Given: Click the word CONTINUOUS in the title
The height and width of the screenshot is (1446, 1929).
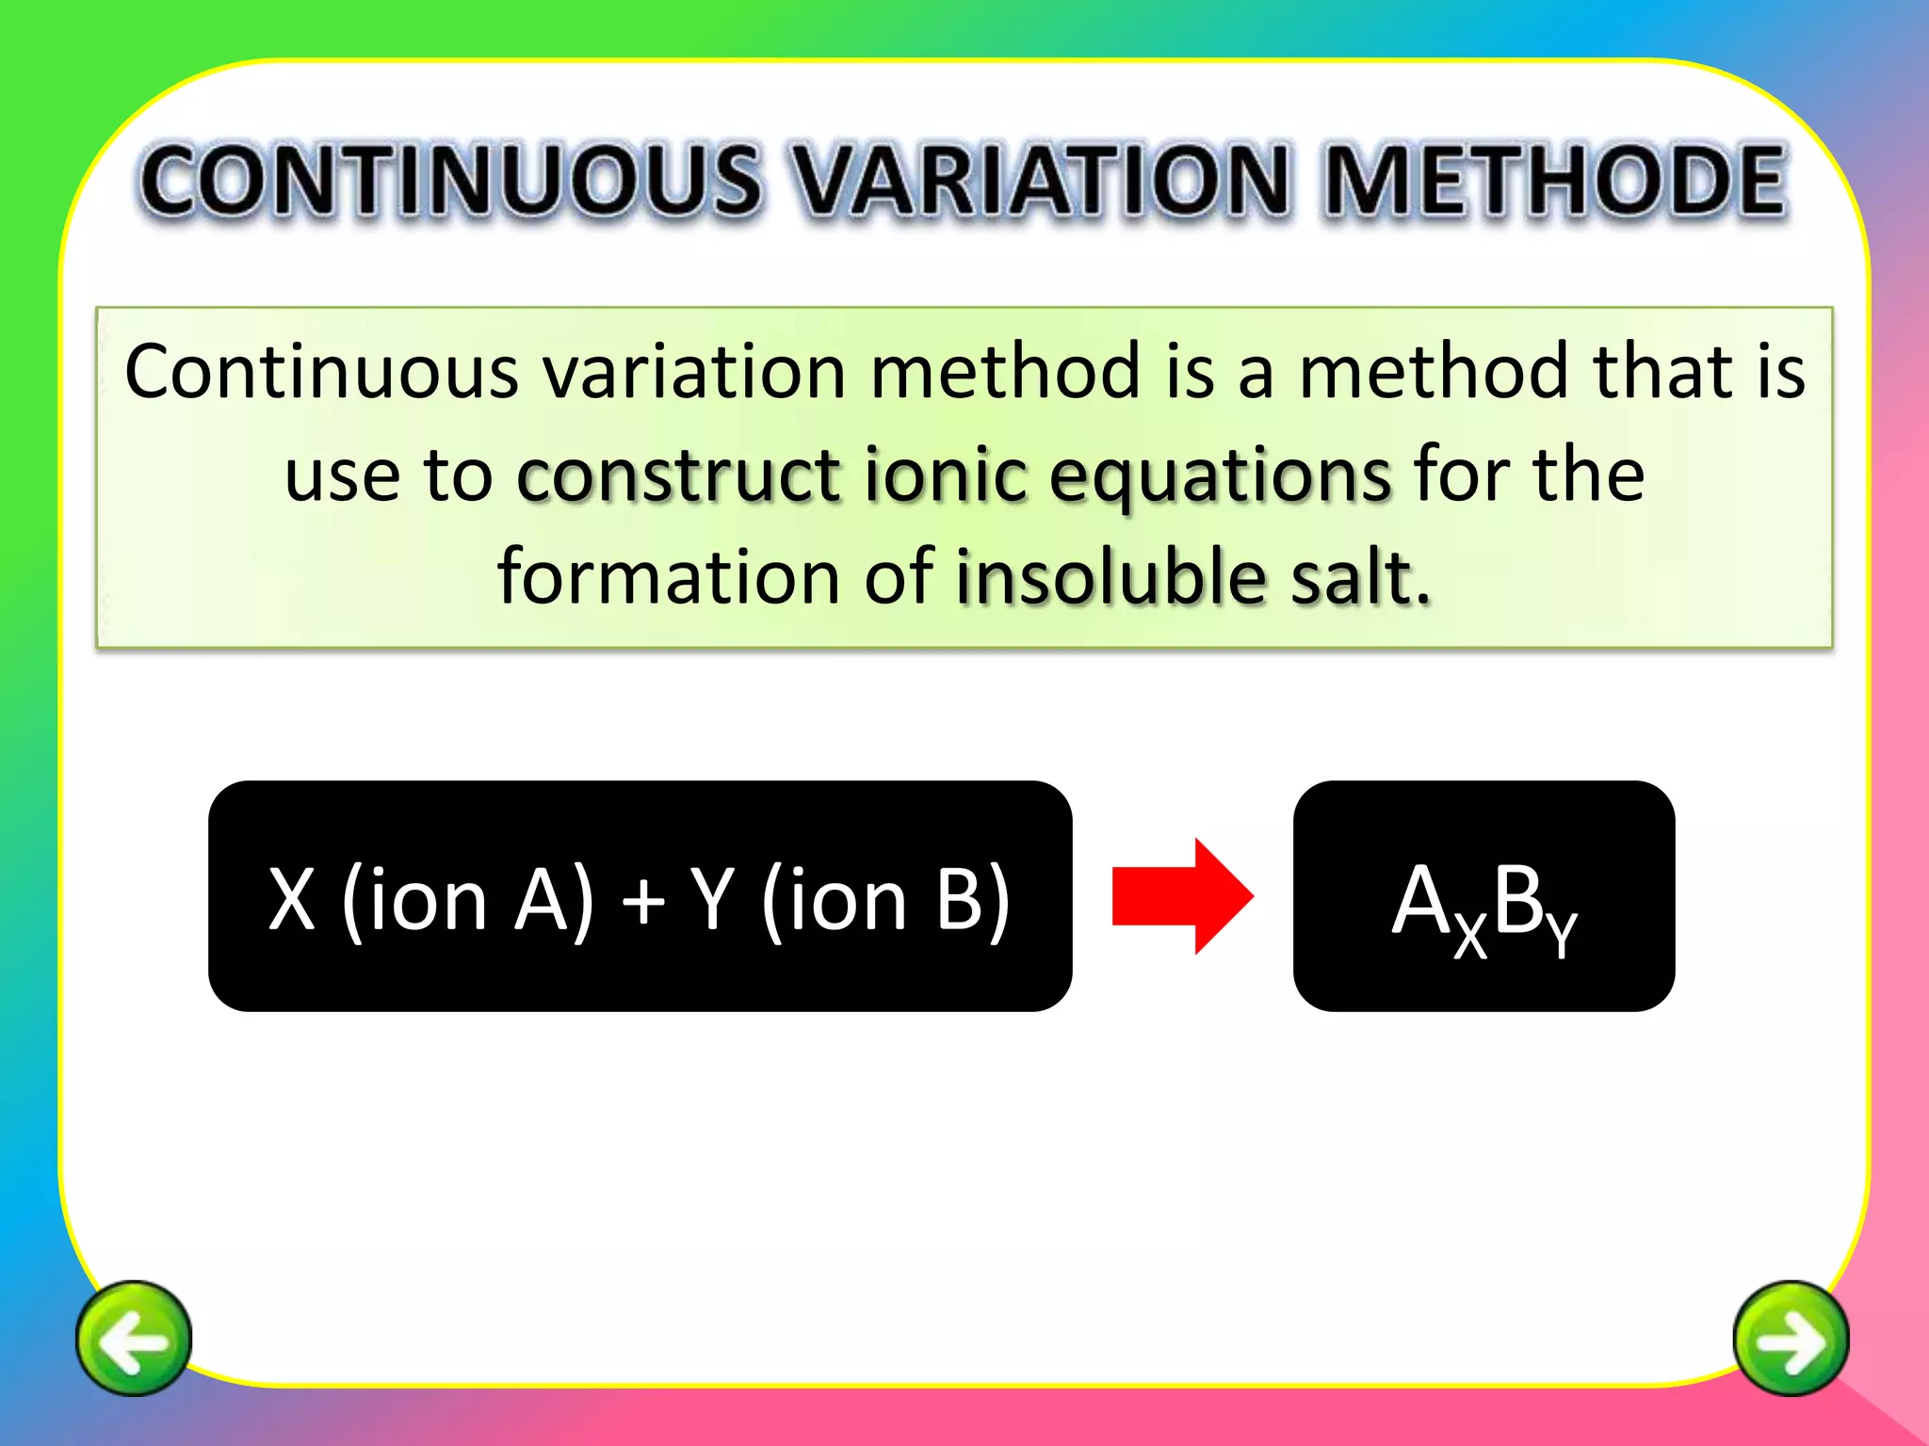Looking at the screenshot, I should [x=450, y=181].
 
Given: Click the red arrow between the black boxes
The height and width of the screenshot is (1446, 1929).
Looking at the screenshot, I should [x=1182, y=895].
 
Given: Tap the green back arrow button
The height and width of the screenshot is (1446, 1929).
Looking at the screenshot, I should [x=133, y=1338].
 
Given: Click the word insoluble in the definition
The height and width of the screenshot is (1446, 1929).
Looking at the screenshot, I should [x=1110, y=576].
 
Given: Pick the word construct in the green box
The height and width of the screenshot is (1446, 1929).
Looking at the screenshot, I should [x=678, y=474].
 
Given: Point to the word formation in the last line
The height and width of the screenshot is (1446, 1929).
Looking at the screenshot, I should [x=668, y=576].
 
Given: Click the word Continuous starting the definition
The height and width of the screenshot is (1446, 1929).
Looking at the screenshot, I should [x=321, y=372].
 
